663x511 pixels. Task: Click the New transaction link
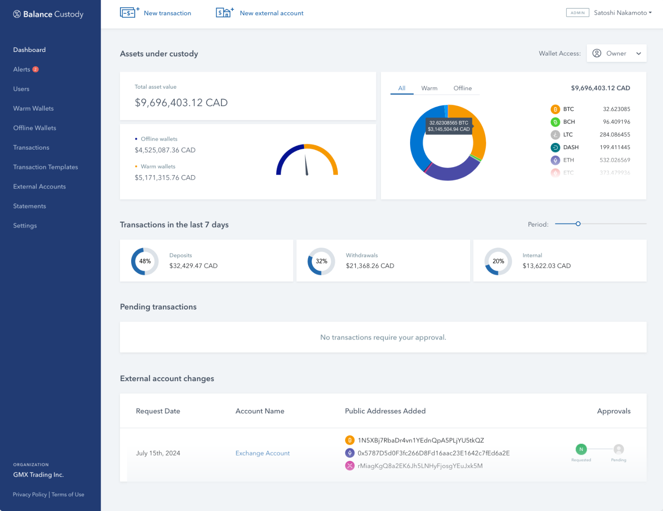coord(167,13)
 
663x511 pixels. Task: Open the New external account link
coord(271,13)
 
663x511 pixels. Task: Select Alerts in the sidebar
coord(22,69)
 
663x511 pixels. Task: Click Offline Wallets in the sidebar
coord(34,128)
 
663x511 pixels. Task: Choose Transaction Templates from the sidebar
coord(45,167)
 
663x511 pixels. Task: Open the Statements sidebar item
coord(30,206)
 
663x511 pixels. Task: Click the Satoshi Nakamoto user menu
coord(622,13)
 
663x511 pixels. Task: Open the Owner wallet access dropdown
coord(616,53)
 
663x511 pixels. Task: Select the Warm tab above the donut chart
coord(429,88)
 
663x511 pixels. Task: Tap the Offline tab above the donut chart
coord(462,88)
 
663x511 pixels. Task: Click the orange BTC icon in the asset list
coord(555,109)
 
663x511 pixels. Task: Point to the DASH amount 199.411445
coord(615,147)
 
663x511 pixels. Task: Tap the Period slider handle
coord(578,224)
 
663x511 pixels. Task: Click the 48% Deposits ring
coord(145,261)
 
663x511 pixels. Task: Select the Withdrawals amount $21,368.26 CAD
coord(370,266)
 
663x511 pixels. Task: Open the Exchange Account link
coord(262,453)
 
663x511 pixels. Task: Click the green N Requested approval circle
coord(581,449)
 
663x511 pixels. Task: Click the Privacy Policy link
coord(30,494)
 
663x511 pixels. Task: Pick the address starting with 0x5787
coord(433,453)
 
